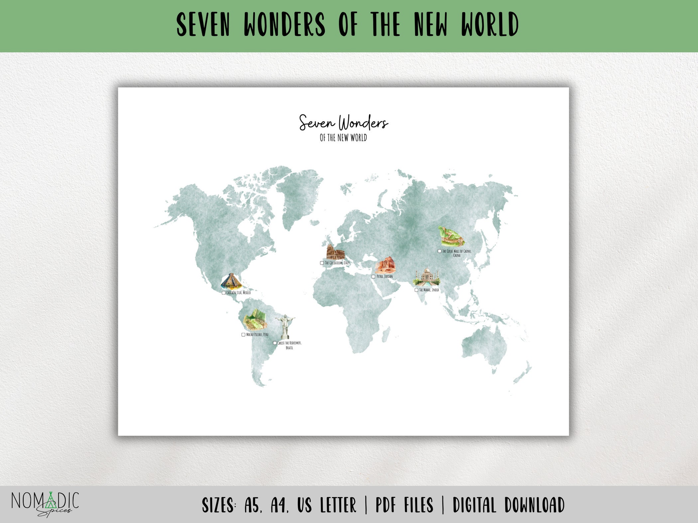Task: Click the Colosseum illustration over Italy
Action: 335,252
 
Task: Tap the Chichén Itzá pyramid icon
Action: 231,282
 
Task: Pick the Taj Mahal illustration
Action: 427,278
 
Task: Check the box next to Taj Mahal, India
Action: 416,290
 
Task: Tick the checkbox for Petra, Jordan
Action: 373,277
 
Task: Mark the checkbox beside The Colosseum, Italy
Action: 322,263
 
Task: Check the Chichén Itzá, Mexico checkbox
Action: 224,293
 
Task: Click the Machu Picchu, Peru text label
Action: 257,335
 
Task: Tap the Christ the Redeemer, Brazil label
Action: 289,345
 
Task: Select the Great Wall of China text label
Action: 457,253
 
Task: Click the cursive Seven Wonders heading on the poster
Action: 343,123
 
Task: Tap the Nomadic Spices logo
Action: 45,504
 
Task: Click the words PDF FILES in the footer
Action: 404,505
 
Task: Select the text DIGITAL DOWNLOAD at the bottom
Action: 509,505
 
